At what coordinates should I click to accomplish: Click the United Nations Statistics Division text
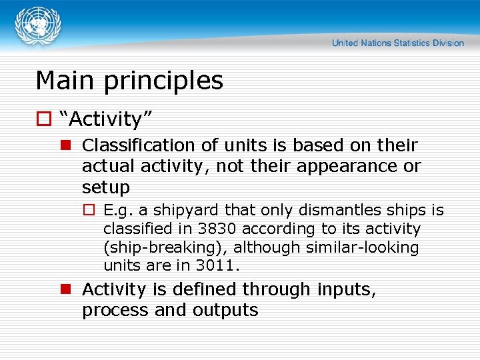(x=397, y=43)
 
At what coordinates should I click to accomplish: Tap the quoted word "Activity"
(x=106, y=120)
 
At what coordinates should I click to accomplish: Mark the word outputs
(x=225, y=310)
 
